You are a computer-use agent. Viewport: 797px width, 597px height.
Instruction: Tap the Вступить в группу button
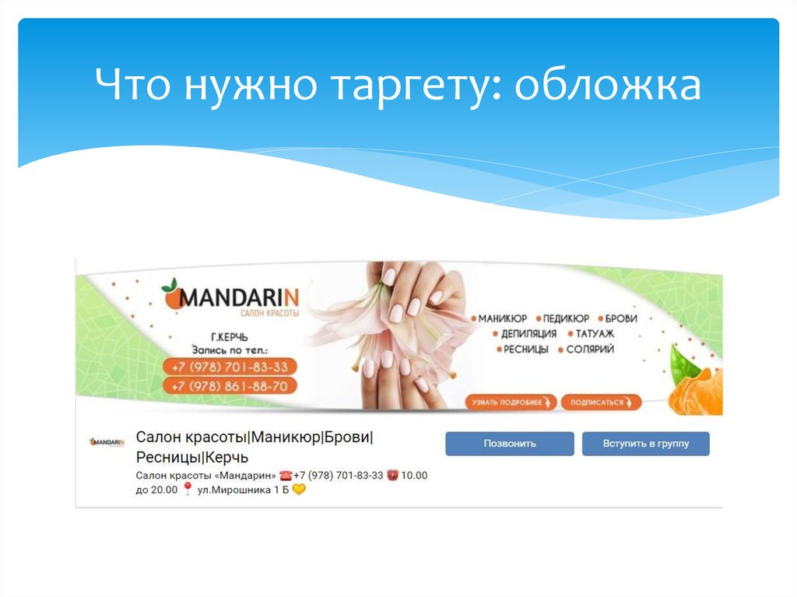tap(645, 444)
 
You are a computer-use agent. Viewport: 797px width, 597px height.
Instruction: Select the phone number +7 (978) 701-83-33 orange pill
tap(230, 367)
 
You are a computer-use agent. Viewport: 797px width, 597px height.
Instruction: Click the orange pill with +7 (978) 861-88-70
tap(230, 386)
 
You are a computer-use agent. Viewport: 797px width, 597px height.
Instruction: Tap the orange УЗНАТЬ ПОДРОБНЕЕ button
tap(511, 402)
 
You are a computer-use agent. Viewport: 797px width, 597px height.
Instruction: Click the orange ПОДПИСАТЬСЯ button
tap(601, 402)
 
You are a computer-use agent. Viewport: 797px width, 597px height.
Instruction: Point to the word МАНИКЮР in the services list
tap(502, 318)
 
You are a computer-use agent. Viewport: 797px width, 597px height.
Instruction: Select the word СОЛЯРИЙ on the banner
tap(590, 349)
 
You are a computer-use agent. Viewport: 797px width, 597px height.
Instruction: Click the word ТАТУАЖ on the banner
tap(595, 334)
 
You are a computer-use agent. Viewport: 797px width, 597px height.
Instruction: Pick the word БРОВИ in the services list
tap(620, 318)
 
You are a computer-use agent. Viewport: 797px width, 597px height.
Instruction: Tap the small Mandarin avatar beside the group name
tap(107, 442)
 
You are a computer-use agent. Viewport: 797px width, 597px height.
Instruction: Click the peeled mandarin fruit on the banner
tap(695, 393)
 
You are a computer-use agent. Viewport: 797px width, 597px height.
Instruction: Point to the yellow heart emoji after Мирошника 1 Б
tap(299, 490)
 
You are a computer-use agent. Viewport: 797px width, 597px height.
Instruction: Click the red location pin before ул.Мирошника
tap(187, 490)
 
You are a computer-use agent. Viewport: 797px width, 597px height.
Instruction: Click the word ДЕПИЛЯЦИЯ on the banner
tap(528, 334)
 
